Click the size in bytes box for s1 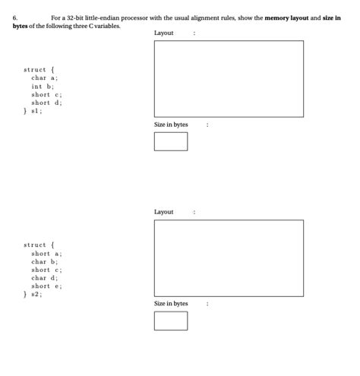(x=170, y=141)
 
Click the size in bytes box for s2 (x=170, y=321)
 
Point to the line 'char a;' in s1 (x=44, y=77)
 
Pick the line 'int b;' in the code (x=43, y=86)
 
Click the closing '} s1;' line (x=34, y=110)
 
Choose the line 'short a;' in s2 (x=46, y=253)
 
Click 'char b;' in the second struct (x=44, y=261)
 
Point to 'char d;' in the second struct (x=44, y=277)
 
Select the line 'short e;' (x=46, y=286)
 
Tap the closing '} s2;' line (x=34, y=294)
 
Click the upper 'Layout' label (x=163, y=33)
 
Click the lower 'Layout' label (x=163, y=212)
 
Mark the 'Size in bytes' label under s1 (x=171, y=125)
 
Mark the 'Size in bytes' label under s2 (x=171, y=304)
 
